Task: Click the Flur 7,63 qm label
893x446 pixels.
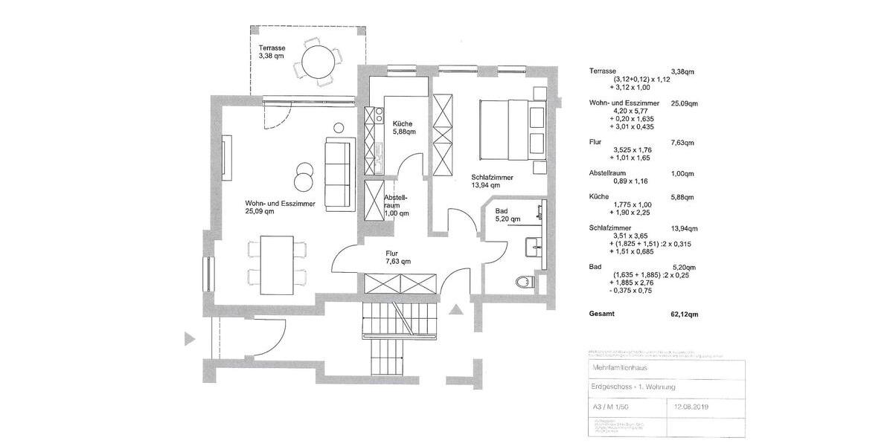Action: coord(398,257)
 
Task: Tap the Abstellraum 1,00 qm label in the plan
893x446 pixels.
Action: coord(396,205)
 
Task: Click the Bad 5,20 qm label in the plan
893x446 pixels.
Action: coord(508,215)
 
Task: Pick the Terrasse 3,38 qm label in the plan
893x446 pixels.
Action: coord(272,51)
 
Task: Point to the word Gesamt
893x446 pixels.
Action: coord(601,314)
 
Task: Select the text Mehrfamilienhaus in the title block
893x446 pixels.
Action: coord(616,368)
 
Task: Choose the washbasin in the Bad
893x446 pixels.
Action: coord(535,245)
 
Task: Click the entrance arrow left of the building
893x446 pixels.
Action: coord(190,339)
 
